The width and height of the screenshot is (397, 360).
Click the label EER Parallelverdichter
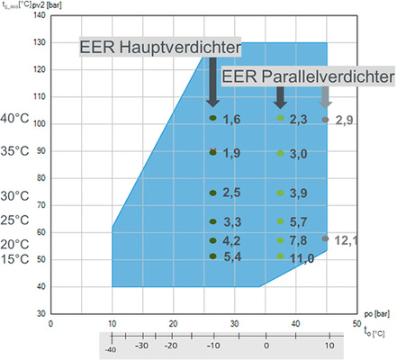click(308, 78)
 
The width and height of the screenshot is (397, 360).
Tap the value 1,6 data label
click(231, 120)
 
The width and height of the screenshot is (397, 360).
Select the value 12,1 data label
click(347, 240)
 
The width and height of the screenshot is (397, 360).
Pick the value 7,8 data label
click(299, 239)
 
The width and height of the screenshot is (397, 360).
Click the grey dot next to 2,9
click(325, 120)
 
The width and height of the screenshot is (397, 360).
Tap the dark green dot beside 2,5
click(213, 193)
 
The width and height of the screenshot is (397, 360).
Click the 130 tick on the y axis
click(38, 42)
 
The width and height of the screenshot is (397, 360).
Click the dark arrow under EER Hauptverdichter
click(213, 85)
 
